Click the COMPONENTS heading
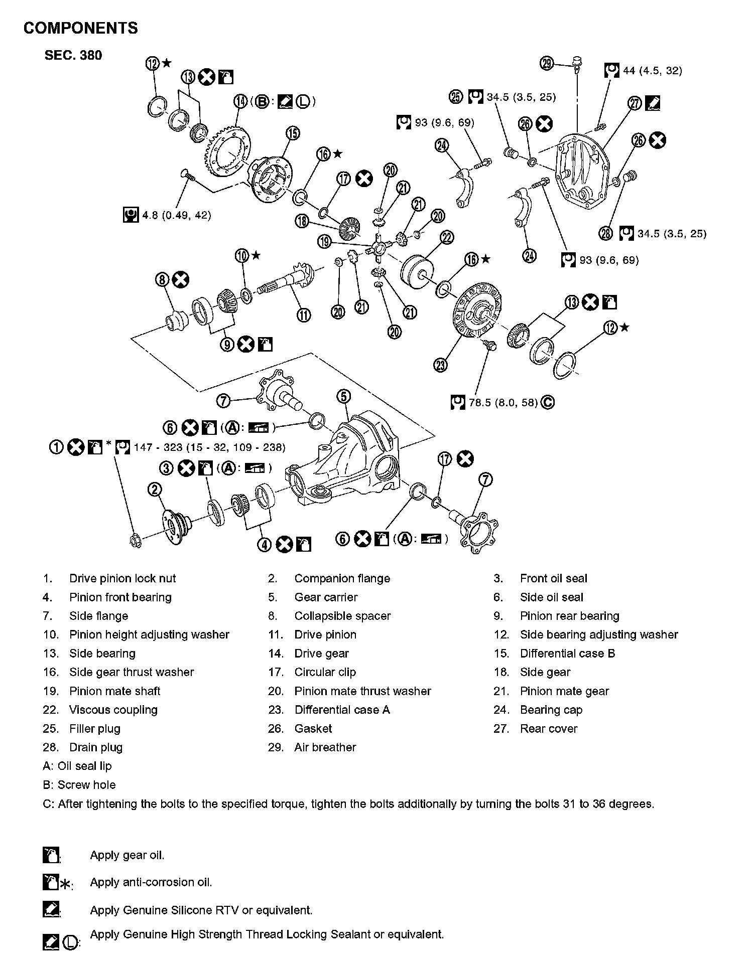tap(80, 28)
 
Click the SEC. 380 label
tap(73, 55)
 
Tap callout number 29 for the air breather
tap(547, 63)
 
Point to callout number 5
tap(343, 397)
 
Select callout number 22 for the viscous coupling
tap(446, 237)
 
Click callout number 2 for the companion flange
tap(155, 490)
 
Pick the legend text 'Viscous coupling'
tap(113, 710)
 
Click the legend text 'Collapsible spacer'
tap(342, 616)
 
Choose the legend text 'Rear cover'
tap(549, 728)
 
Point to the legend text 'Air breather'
tap(325, 747)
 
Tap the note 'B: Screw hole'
tap(79, 785)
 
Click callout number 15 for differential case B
tap(293, 133)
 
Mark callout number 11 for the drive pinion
tap(304, 315)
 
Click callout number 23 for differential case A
tap(440, 366)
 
